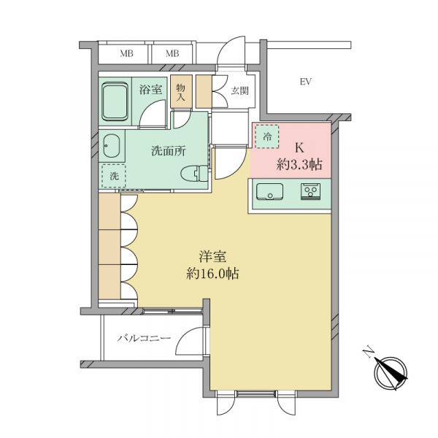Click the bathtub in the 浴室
coord(115,101)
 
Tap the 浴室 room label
coord(150,89)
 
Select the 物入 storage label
coord(181,93)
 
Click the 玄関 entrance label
coord(239,91)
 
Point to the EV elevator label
coord(306,82)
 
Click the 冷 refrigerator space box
coord(267,137)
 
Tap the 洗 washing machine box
coord(114,176)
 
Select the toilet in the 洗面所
coord(194,173)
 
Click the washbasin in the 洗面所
coord(112,146)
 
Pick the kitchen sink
coord(269,191)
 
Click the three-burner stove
coord(310,191)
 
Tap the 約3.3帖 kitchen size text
coord(299,164)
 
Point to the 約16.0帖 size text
coord(212,274)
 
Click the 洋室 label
coord(212,256)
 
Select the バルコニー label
coord(144,339)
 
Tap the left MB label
coord(126,53)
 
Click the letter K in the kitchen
coord(299,147)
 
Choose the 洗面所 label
coord(169,151)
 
